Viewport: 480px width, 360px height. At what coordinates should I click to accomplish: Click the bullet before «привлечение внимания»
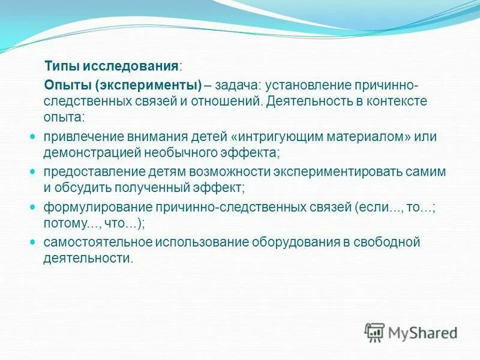pyautogui.click(x=33, y=136)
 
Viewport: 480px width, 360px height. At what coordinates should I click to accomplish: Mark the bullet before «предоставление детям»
pyautogui.click(x=33, y=172)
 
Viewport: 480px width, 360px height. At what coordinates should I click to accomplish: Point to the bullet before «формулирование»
pyautogui.click(x=33, y=207)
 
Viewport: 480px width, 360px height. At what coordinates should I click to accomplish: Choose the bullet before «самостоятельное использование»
pyautogui.click(x=33, y=242)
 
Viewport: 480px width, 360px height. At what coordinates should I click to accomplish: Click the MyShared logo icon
pyautogui.click(x=374, y=332)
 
